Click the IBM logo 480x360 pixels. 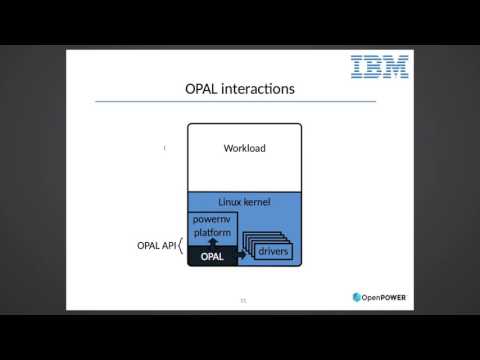379,67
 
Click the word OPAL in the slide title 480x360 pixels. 203,89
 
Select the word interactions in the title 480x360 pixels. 260,89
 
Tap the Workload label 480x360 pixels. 243,149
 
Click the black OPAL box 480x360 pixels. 210,257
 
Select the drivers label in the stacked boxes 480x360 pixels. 272,251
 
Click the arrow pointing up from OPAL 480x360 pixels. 211,243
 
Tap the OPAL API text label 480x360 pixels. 155,245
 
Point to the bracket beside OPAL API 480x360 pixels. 180,245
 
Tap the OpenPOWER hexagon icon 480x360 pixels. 358,296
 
